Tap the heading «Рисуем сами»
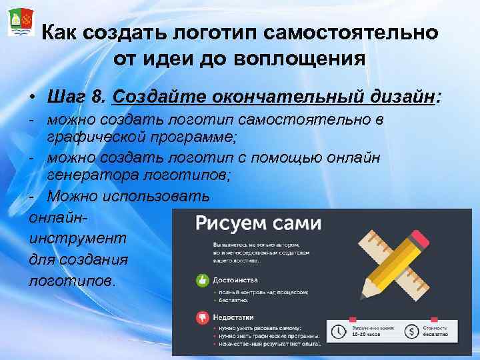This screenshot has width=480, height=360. pyautogui.click(x=258, y=223)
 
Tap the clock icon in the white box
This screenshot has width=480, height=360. pyautogui.click(x=339, y=331)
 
